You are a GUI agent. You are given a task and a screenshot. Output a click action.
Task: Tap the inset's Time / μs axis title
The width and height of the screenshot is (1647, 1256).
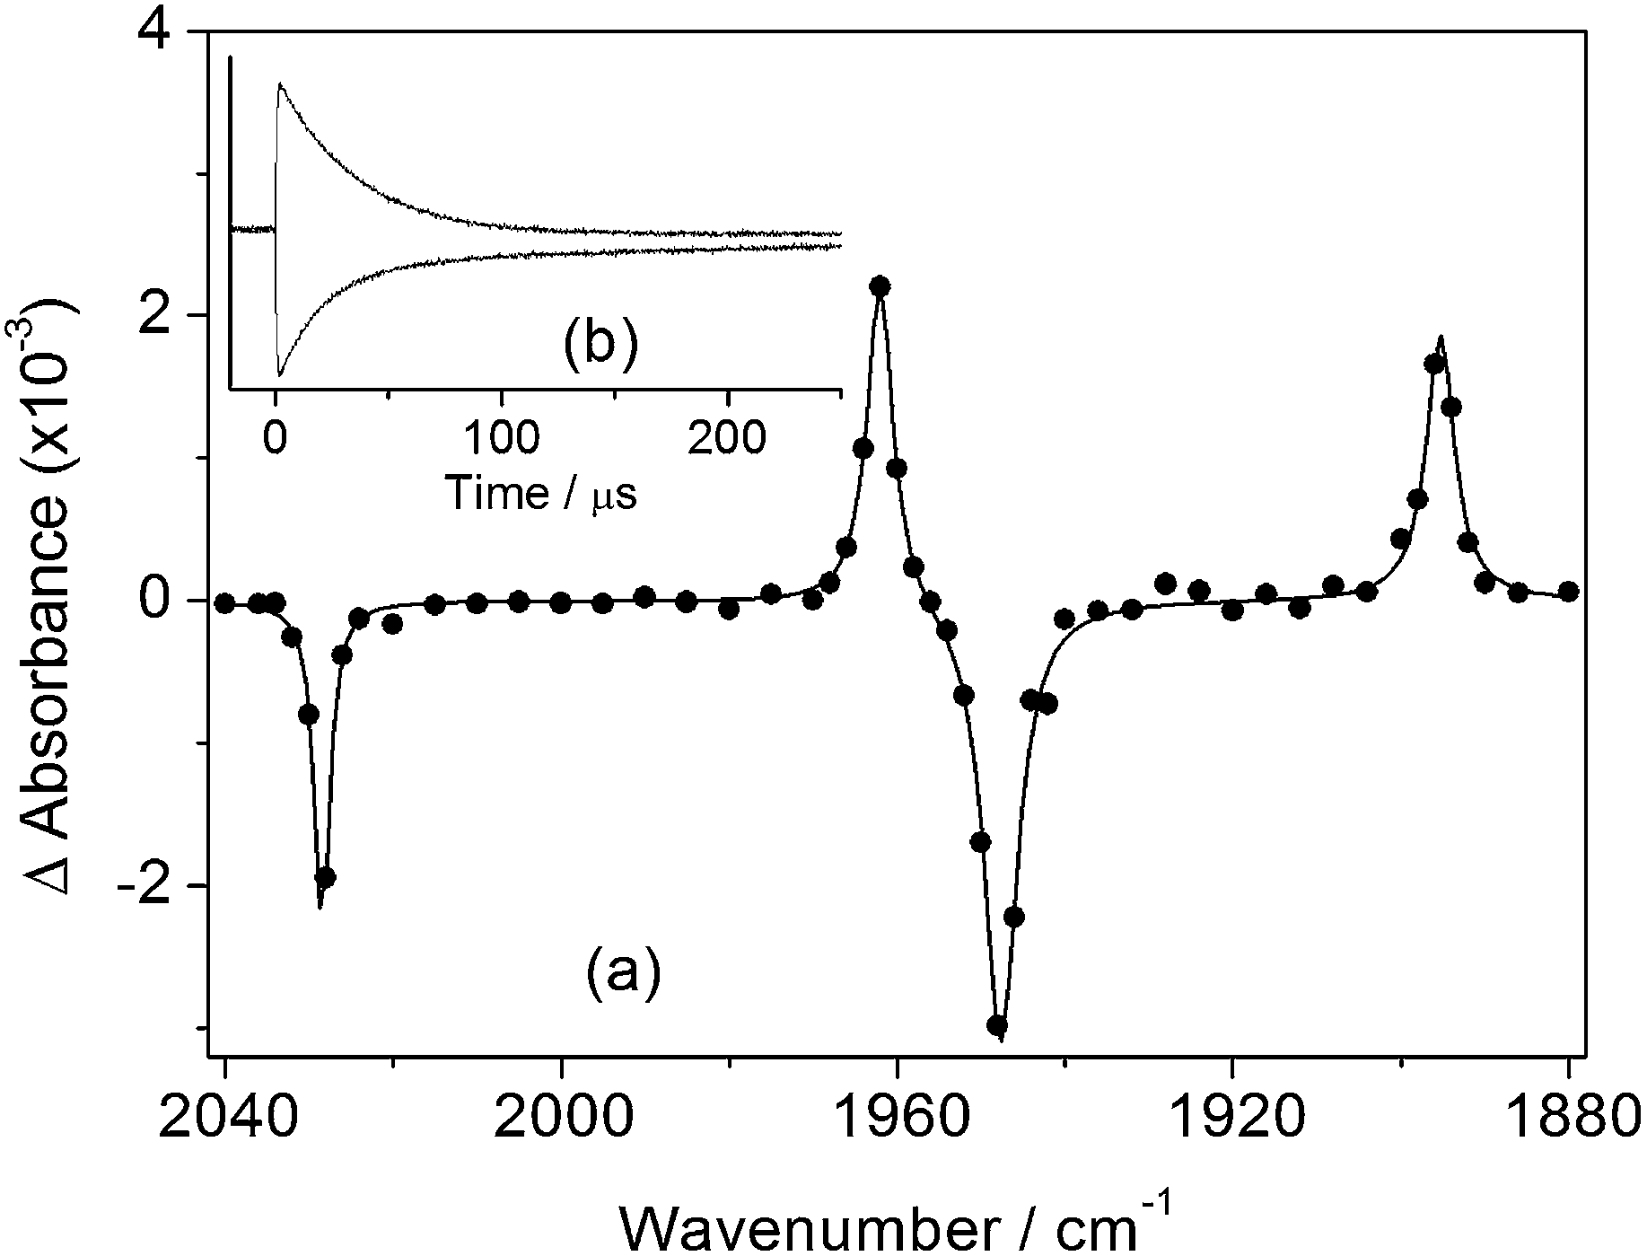[540, 492]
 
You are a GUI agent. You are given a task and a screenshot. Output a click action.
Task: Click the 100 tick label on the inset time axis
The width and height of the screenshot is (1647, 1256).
[501, 439]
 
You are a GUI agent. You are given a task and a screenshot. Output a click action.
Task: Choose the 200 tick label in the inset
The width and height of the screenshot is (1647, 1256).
[727, 439]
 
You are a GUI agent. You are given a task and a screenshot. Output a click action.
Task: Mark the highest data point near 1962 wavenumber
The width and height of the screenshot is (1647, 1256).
[880, 285]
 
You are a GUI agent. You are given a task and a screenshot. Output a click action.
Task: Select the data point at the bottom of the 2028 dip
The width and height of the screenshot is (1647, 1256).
[326, 876]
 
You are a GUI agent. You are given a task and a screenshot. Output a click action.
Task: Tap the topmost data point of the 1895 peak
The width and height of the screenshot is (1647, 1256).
[1434, 364]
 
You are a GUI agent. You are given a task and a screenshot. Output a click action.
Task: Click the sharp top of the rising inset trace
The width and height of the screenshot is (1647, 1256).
[280, 83]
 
